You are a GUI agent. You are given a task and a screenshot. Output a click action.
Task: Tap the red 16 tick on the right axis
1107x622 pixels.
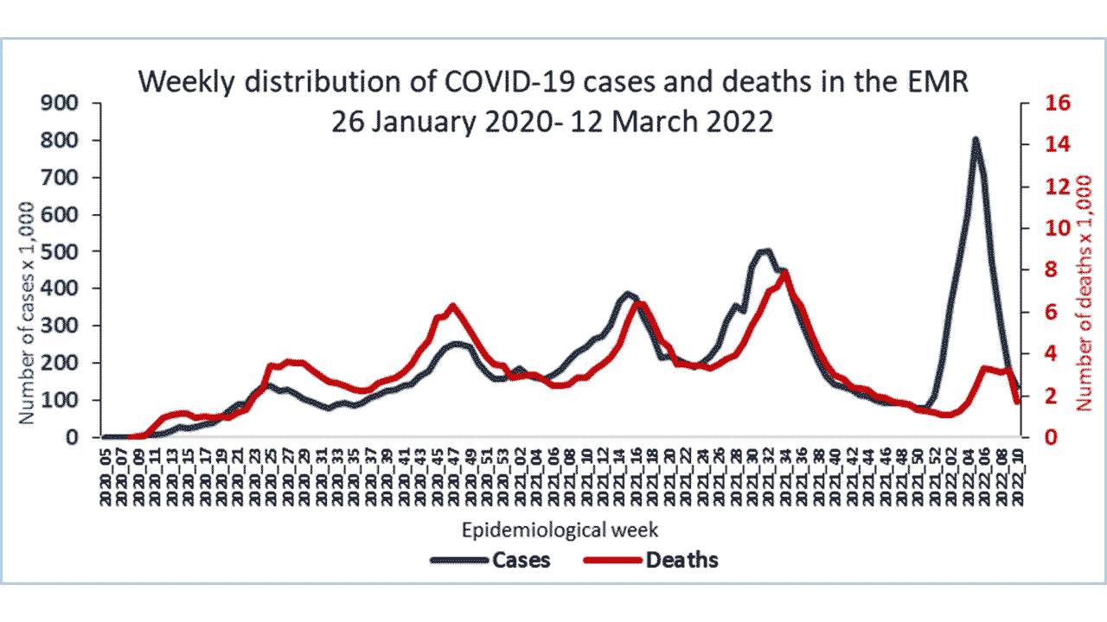[1036, 104]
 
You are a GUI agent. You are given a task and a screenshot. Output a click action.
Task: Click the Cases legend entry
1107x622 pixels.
[521, 560]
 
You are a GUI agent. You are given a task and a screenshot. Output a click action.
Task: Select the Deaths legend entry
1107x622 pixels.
[681, 560]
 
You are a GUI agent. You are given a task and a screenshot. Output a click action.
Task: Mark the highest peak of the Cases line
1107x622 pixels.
[976, 138]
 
